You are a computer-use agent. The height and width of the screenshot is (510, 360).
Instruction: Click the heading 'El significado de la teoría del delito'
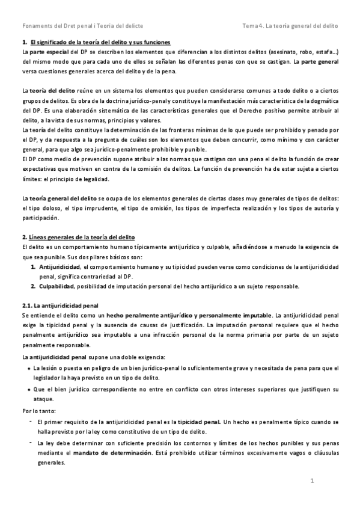(100, 41)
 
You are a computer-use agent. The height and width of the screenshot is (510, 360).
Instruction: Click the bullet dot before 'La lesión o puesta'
(29, 367)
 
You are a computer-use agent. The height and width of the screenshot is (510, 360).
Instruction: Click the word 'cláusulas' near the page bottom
(323, 453)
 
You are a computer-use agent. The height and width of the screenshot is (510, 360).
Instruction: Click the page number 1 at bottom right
(313, 481)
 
